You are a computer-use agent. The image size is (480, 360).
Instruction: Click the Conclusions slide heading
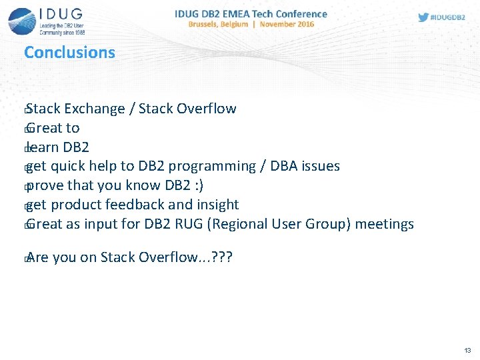click(69, 53)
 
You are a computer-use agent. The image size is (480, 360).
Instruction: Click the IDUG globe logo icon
click(21, 21)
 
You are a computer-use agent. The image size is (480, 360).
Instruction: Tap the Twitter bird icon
click(423, 17)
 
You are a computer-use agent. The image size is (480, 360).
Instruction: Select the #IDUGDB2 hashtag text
click(448, 17)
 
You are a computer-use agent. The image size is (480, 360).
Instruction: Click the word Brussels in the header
click(207, 24)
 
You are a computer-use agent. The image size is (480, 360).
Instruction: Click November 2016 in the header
click(287, 24)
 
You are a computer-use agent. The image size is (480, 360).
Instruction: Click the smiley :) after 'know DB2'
click(197, 185)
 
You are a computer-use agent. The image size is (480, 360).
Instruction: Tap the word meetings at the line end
click(384, 224)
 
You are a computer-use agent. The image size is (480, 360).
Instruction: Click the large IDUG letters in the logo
click(61, 14)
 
